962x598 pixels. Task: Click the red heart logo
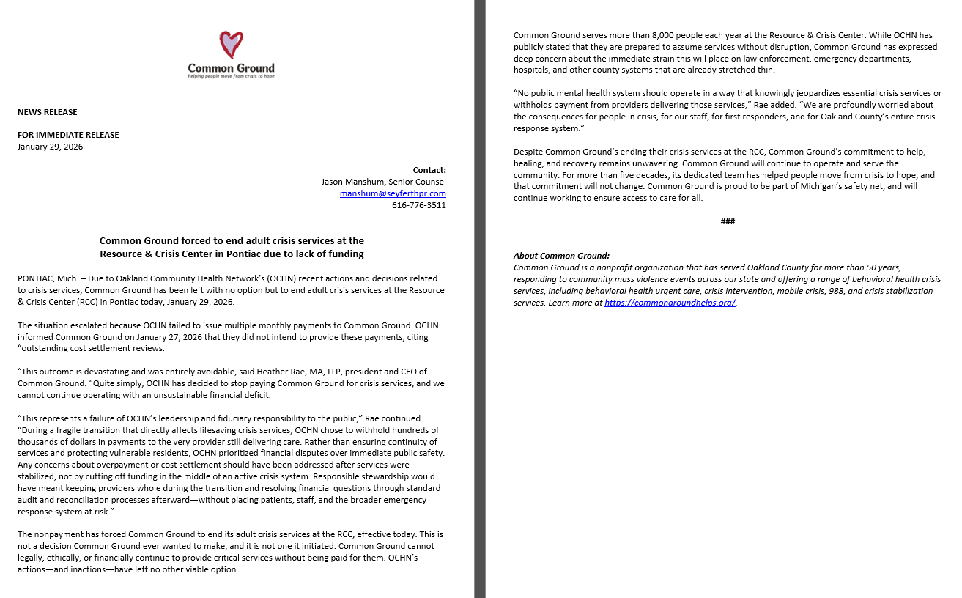[231, 45]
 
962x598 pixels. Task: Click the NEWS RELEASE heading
[48, 112]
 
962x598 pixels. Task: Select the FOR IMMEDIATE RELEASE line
[68, 135]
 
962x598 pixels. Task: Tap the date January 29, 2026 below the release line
[51, 147]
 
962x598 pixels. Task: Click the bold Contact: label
[429, 170]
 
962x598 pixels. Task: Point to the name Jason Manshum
[349, 182]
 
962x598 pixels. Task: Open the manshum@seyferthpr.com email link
[393, 193]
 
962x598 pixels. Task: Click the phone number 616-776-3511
[418, 205]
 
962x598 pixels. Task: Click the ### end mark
[728, 221]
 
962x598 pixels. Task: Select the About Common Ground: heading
[561, 256]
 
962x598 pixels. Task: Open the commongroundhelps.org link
[670, 303]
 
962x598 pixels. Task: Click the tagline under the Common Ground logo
[231, 76]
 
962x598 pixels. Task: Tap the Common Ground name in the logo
[231, 68]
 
